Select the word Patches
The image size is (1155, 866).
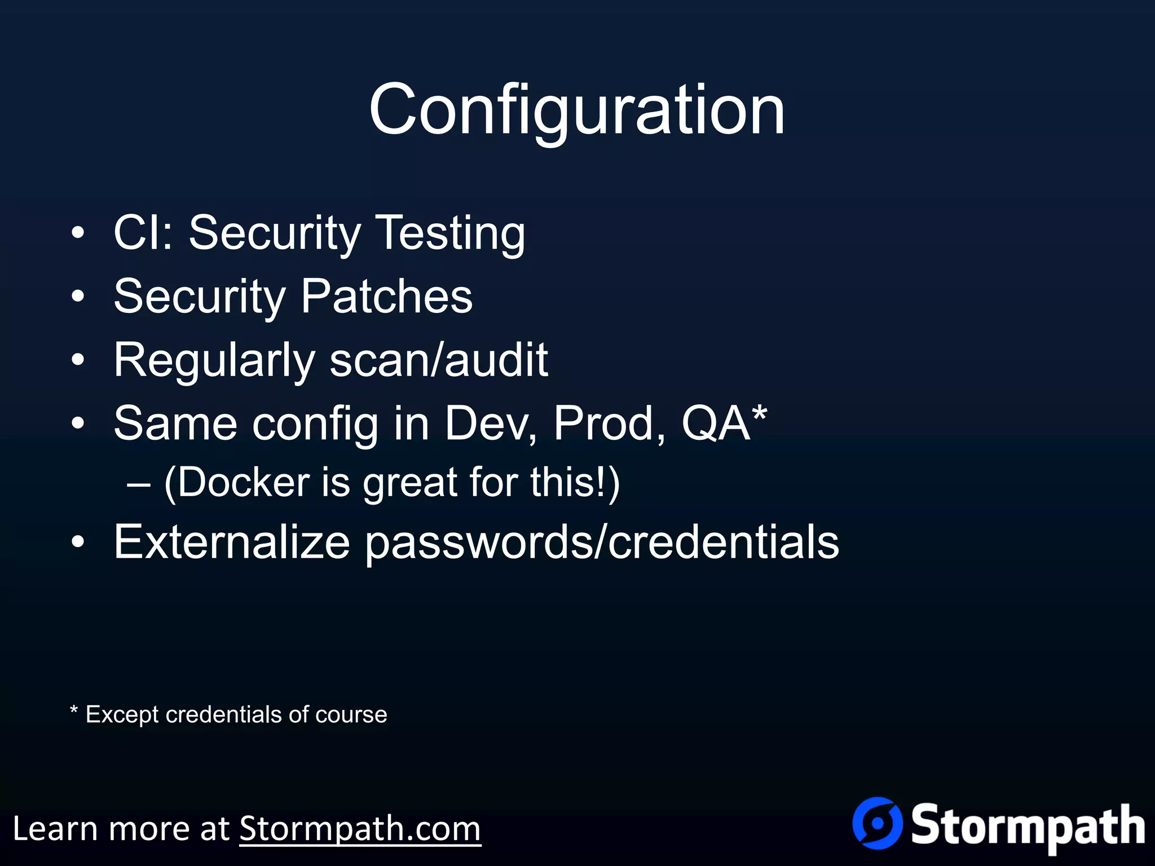click(386, 297)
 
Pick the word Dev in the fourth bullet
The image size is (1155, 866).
click(490, 423)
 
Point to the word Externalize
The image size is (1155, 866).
click(232, 542)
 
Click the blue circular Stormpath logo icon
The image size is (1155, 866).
click(878, 823)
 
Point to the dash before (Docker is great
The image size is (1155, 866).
click(139, 484)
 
